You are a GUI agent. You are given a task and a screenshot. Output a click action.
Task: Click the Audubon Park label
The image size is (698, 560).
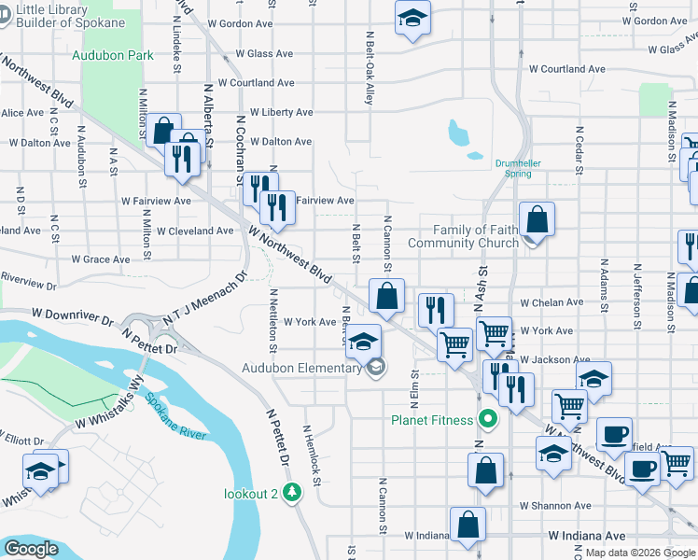pyautogui.click(x=113, y=55)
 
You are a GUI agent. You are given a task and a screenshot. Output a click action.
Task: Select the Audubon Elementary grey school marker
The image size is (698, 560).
pyautogui.click(x=375, y=367)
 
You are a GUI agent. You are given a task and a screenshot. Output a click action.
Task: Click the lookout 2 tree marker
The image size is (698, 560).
pyautogui.click(x=293, y=492)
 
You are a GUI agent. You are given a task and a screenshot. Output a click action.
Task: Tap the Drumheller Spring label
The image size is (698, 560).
pyautogui.click(x=519, y=167)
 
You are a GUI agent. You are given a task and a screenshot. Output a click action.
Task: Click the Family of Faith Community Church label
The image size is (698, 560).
pyautogui.click(x=475, y=236)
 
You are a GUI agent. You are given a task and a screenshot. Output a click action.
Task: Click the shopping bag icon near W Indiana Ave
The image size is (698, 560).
pyautogui.click(x=468, y=525)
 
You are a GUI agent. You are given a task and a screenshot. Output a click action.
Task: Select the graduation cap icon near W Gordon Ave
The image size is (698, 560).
pyautogui.click(x=412, y=19)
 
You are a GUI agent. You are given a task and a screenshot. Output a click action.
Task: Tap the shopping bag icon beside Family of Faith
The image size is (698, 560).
pyautogui.click(x=537, y=220)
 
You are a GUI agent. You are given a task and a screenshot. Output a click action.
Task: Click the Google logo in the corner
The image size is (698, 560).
pyautogui.click(x=32, y=549)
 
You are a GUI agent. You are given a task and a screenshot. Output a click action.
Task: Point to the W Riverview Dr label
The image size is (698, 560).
pyautogui.click(x=28, y=277)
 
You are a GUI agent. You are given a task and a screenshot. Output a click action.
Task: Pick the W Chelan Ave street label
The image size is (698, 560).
pyautogui.click(x=551, y=302)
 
